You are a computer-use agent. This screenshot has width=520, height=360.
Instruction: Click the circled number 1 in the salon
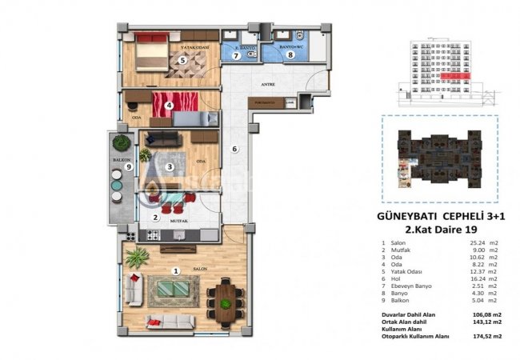pyautogui.click(x=175, y=270)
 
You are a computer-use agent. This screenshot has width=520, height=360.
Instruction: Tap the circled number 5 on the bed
pyautogui.click(x=182, y=60)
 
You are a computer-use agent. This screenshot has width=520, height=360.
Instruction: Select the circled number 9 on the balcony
pyautogui.click(x=117, y=166)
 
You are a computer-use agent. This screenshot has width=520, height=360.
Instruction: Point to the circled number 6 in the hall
pyautogui.click(x=235, y=149)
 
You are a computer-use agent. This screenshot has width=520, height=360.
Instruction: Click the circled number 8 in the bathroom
pyautogui.click(x=290, y=56)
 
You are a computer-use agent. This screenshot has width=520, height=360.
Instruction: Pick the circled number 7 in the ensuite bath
pyautogui.click(x=236, y=56)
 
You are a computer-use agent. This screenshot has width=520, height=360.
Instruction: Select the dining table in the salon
pyautogui.click(x=226, y=301)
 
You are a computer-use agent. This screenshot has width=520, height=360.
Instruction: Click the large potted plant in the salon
pyautogui.click(x=137, y=258)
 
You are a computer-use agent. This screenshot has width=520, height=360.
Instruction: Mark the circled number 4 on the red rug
pyautogui.click(x=169, y=104)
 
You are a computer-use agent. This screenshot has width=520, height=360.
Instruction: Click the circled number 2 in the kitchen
pyautogui.click(x=155, y=217)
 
